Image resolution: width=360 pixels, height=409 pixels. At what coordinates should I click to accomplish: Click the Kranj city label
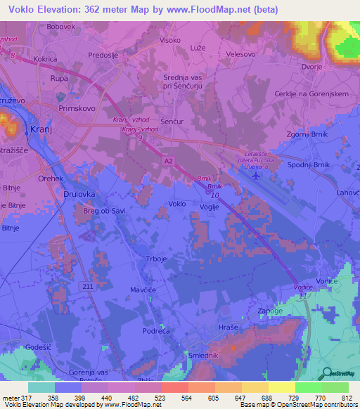42,130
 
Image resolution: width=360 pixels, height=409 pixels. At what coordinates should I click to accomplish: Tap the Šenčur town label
172,121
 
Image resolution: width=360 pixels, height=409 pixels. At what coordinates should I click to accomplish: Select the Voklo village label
178,204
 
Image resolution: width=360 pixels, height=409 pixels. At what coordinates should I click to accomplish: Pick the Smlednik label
203,356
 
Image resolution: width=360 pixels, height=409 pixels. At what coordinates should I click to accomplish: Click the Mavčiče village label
144,289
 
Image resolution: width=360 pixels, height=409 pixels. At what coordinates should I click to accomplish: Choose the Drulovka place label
79,193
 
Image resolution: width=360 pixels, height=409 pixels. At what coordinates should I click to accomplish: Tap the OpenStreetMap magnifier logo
328,374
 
